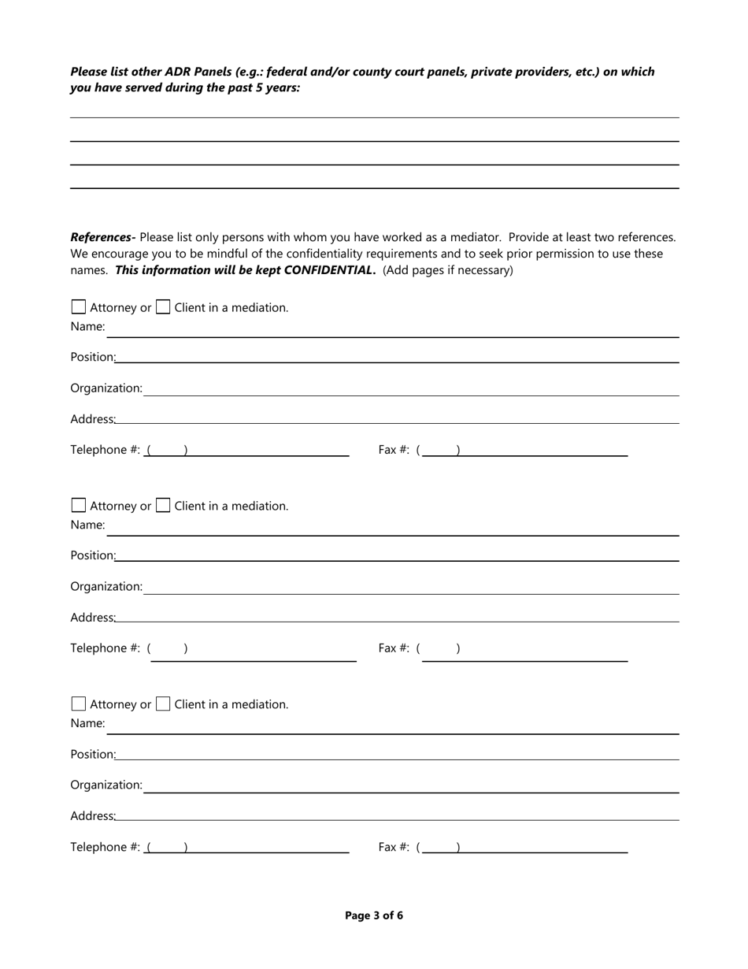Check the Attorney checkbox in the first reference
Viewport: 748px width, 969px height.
tap(79, 307)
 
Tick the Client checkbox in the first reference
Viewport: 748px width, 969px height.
tap(163, 307)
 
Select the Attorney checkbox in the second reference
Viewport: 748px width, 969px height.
tap(79, 506)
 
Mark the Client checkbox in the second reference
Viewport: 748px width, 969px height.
tap(163, 506)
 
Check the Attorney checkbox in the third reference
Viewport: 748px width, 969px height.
tap(79, 704)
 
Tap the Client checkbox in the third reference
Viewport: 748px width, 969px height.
tap(163, 704)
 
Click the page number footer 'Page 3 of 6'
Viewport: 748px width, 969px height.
tap(374, 915)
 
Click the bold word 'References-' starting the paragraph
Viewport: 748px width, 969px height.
tap(102, 237)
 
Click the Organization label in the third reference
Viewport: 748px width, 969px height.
tap(106, 785)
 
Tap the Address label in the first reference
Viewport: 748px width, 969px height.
tap(92, 419)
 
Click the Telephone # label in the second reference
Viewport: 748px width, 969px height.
tap(105, 648)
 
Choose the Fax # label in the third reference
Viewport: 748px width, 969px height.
tap(394, 847)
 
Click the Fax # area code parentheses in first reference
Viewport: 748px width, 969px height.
tap(439, 450)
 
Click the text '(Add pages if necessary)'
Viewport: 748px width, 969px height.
tap(447, 270)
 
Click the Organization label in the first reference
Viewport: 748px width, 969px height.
tap(106, 388)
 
